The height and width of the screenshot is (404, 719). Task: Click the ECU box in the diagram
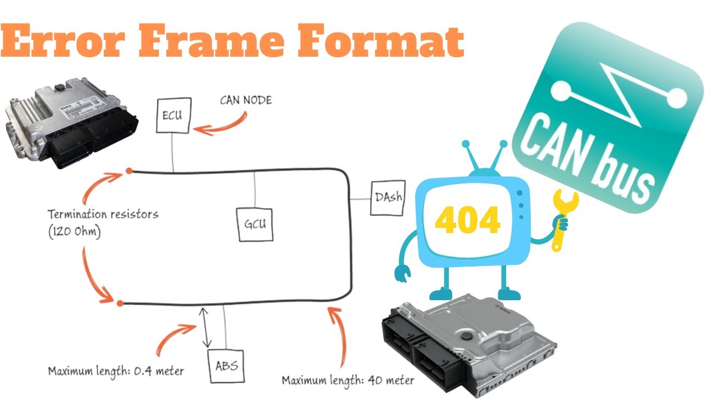[x=172, y=116]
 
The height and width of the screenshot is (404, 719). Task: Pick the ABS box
[x=226, y=366]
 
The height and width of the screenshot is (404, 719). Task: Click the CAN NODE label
[x=245, y=100]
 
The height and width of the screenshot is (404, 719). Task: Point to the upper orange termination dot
[x=129, y=170]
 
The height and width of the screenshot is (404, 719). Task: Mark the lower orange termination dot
[x=120, y=304]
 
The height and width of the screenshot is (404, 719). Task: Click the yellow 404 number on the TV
[x=467, y=221]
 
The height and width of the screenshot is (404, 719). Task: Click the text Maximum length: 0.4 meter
[x=116, y=371]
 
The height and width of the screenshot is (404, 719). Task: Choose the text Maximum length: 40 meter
[x=348, y=380]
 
